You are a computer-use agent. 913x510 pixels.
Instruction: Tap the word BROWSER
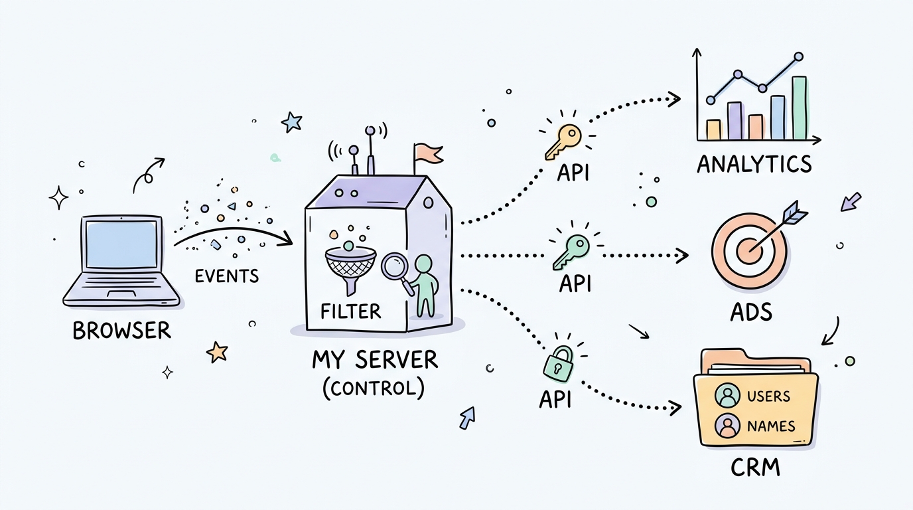click(121, 330)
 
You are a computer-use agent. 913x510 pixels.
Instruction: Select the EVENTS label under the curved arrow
click(226, 275)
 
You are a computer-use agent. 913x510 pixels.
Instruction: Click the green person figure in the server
click(425, 286)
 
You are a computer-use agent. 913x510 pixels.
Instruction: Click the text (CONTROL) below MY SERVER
click(373, 387)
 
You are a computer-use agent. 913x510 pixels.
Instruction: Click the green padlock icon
click(557, 365)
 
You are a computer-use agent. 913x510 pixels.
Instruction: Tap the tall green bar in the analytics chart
click(800, 108)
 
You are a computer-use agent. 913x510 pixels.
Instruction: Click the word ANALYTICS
click(754, 163)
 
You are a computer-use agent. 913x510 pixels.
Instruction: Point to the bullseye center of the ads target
click(748, 251)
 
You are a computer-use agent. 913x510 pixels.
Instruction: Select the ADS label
click(750, 311)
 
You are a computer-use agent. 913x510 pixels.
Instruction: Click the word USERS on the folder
click(768, 396)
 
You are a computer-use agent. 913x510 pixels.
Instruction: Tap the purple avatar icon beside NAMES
click(727, 426)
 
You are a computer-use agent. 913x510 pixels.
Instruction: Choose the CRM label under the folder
click(755, 468)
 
